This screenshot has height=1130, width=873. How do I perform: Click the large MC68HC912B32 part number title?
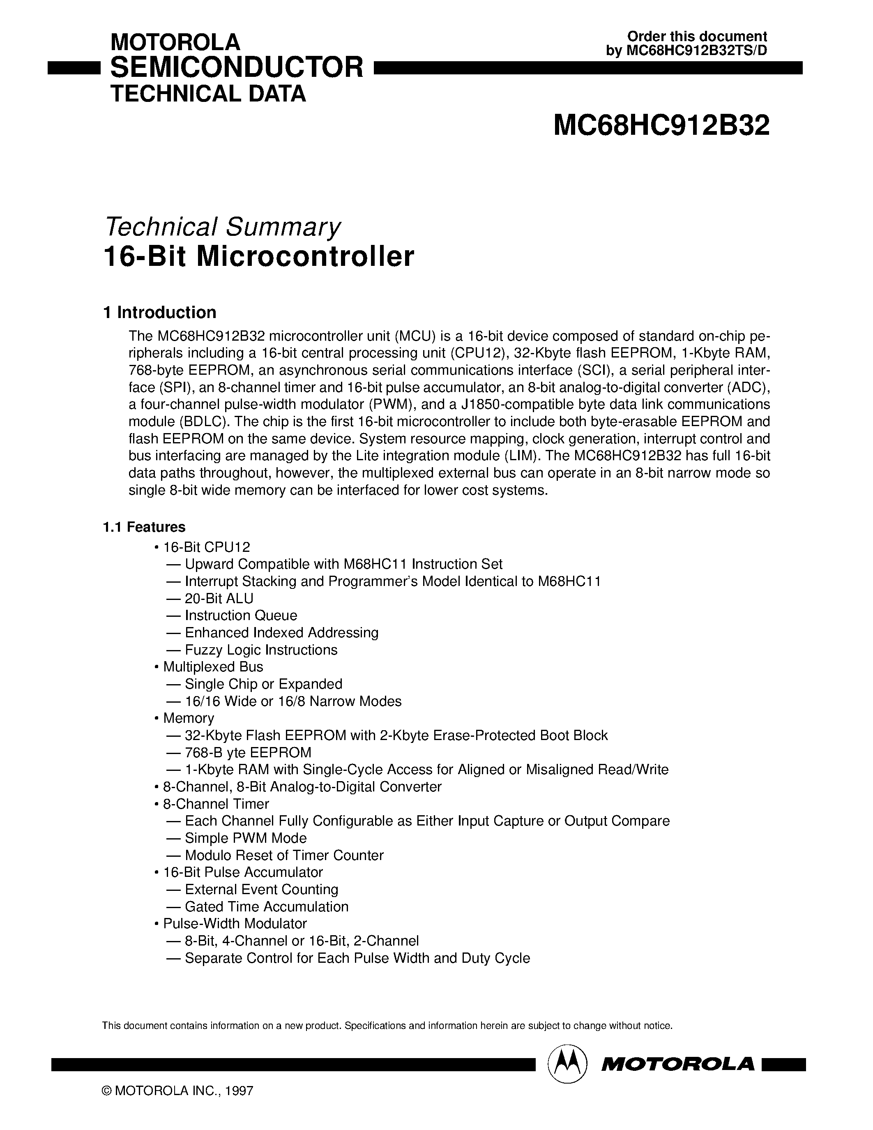pyautogui.click(x=661, y=126)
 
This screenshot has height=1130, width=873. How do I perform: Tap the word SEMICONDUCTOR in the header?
pyautogui.click(x=237, y=68)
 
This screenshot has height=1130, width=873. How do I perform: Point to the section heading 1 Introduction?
pyautogui.click(x=160, y=313)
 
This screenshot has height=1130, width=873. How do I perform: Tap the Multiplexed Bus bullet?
pyautogui.click(x=212, y=667)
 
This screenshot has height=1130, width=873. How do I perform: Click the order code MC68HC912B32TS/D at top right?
pyautogui.click(x=696, y=51)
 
